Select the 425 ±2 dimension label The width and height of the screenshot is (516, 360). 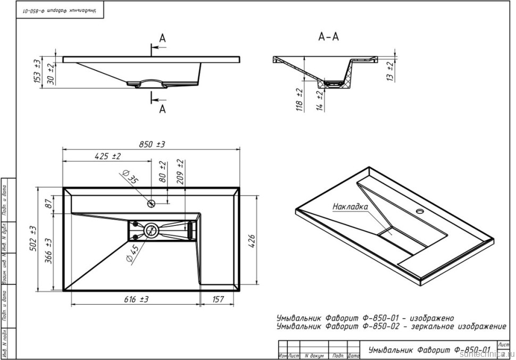click(x=107, y=156)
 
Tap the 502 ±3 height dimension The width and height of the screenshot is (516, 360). click(x=34, y=238)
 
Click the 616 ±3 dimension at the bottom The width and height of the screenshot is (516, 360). click(x=136, y=300)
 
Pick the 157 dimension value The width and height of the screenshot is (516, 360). click(x=218, y=300)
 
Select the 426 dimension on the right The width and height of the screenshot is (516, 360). click(x=253, y=238)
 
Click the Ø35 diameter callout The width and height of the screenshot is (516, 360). click(x=130, y=178)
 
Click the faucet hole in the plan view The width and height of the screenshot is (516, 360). click(x=152, y=203)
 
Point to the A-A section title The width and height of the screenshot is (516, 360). click(x=328, y=37)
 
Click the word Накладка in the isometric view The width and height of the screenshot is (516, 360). click(x=350, y=206)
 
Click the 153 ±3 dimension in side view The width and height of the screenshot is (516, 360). click(x=37, y=70)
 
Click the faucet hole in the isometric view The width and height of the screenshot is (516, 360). click(x=422, y=212)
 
